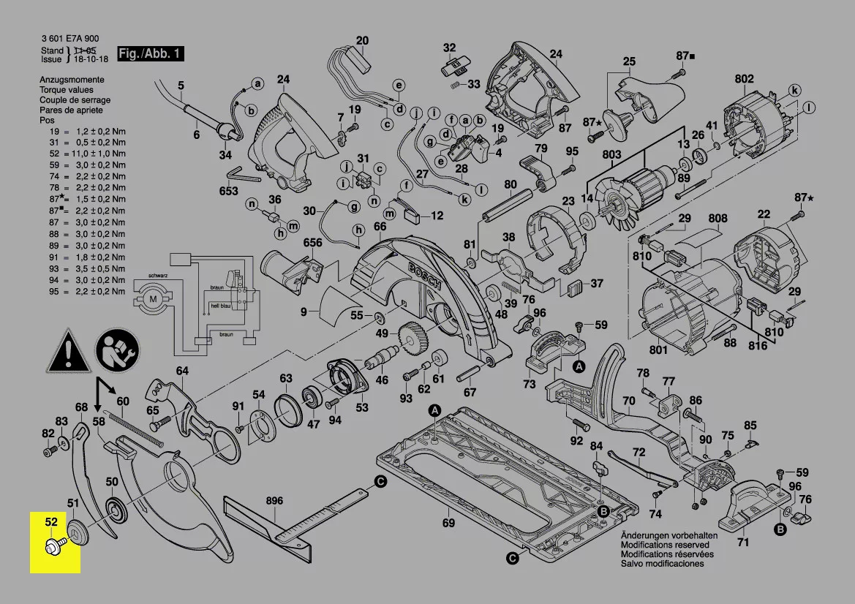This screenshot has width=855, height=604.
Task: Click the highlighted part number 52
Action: click(x=50, y=522)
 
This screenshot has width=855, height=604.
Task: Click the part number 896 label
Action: click(x=274, y=501)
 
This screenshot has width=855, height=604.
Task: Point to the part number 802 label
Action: click(x=744, y=79)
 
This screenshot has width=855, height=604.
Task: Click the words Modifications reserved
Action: click(x=664, y=545)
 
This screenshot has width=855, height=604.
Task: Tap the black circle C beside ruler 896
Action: click(x=380, y=481)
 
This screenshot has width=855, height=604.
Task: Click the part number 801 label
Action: click(x=658, y=350)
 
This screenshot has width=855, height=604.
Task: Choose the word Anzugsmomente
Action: click(x=72, y=79)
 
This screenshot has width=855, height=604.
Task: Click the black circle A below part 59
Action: click(x=579, y=366)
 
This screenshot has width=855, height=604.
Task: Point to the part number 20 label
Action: click(x=363, y=40)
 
